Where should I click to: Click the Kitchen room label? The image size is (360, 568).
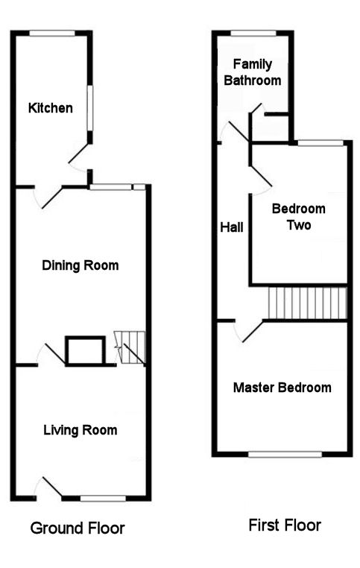(51, 108)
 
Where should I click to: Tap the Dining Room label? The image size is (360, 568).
(80, 265)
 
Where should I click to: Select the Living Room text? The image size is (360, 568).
(80, 430)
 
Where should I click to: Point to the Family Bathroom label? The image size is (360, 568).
(253, 72)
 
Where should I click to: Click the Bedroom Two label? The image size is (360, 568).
(298, 217)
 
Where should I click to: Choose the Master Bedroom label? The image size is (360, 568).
(282, 388)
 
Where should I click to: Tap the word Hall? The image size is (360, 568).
(232, 227)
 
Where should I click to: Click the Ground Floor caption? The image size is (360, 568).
(78, 528)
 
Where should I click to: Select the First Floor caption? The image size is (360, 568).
(285, 526)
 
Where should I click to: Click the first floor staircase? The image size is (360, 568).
(307, 303)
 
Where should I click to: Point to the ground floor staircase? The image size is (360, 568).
(130, 347)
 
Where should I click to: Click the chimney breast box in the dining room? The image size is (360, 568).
(86, 350)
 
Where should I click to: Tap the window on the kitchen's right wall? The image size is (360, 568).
(90, 108)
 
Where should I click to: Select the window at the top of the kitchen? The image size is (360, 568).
(52, 34)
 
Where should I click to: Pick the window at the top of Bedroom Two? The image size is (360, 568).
(320, 143)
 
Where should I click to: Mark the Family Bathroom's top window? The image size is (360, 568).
(253, 34)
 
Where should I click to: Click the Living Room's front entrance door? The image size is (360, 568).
(48, 487)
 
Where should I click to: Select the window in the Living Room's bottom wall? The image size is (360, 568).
(103, 499)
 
